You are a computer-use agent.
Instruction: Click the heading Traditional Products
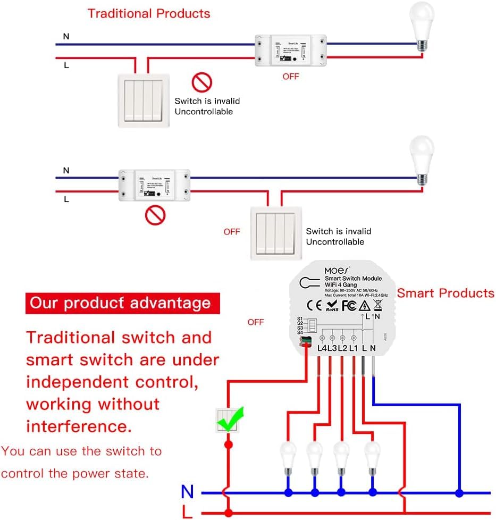(x=149, y=13)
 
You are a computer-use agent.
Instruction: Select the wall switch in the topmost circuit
(x=142, y=100)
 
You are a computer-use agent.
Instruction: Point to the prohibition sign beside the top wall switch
(x=202, y=82)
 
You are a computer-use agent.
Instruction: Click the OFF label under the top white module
(x=291, y=77)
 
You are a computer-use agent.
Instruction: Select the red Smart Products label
(x=445, y=293)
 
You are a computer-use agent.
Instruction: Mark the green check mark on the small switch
(x=230, y=419)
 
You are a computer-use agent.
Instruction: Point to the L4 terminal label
(x=321, y=348)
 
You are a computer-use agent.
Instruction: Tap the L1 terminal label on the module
(x=353, y=348)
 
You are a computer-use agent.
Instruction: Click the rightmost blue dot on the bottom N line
(x=458, y=493)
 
